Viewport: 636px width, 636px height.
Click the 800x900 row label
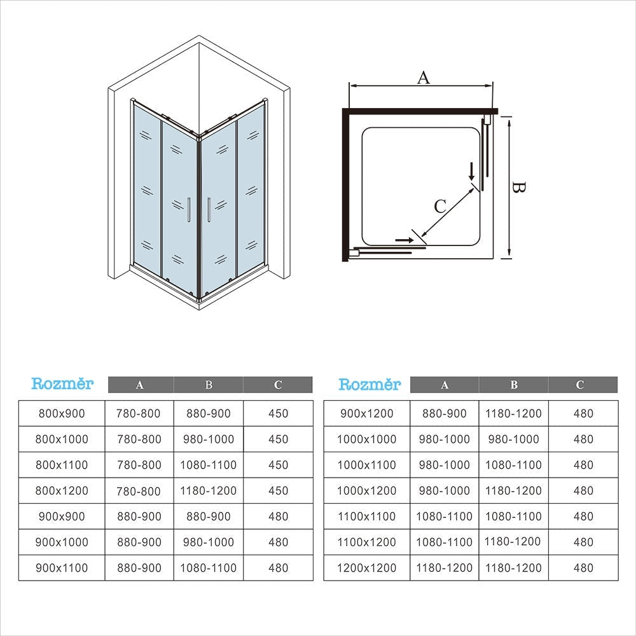(62, 413)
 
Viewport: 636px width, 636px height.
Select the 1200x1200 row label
(367, 568)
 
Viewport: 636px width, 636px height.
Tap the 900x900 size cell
(62, 516)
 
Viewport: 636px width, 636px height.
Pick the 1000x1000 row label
(367, 439)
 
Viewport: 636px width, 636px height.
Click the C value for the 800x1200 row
(279, 490)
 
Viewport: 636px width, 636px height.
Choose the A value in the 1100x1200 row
(444, 542)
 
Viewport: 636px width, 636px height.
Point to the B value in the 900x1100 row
(209, 568)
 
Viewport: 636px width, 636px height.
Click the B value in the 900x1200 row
(513, 413)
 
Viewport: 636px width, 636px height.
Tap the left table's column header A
(139, 385)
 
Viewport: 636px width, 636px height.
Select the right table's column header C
(580, 385)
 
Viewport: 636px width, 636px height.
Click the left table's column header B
(209, 385)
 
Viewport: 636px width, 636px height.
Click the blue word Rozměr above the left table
(62, 384)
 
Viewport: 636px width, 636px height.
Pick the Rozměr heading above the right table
(370, 384)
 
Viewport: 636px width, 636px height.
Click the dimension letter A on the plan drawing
(423, 77)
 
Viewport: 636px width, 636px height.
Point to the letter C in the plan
(440, 206)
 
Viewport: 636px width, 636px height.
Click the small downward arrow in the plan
(471, 172)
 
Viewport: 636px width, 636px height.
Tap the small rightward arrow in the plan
(404, 240)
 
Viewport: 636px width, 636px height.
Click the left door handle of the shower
(189, 210)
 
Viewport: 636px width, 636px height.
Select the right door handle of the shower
(209, 210)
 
